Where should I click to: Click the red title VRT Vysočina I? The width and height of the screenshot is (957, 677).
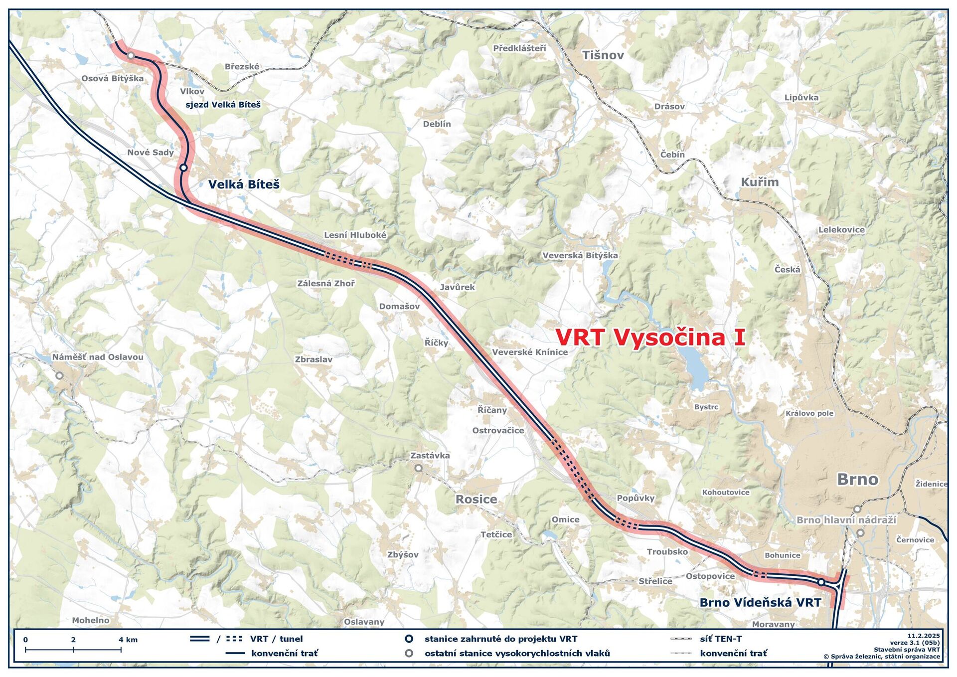click(650, 338)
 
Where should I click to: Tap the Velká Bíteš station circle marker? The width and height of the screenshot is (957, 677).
click(183, 168)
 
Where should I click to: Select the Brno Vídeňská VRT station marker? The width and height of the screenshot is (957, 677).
click(821, 582)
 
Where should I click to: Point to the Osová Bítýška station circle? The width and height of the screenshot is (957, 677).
click(131, 55)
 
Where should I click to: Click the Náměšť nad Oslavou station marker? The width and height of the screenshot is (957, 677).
click(59, 375)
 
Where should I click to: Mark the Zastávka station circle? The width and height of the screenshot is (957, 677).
click(419, 468)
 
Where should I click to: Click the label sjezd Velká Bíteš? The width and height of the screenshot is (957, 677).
click(223, 105)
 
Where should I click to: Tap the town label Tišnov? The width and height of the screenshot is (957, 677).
click(603, 55)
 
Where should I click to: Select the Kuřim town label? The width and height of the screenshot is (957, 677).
click(760, 182)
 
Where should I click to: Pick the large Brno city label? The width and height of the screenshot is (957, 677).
click(857, 479)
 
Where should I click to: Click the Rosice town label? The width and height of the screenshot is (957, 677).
click(476, 499)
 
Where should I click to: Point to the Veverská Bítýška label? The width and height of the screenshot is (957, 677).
click(580, 255)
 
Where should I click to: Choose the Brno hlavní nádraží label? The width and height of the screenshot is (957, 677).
click(846, 520)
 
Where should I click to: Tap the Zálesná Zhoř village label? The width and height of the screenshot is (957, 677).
click(326, 283)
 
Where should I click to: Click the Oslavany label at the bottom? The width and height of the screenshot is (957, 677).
click(364, 622)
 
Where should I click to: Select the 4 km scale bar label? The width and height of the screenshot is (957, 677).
click(128, 640)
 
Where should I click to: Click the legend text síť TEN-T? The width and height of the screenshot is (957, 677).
click(721, 639)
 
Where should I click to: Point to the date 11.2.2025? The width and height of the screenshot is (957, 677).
click(923, 636)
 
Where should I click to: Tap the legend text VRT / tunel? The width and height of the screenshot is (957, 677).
click(276, 639)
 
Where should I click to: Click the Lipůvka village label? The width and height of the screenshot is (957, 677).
click(801, 97)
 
